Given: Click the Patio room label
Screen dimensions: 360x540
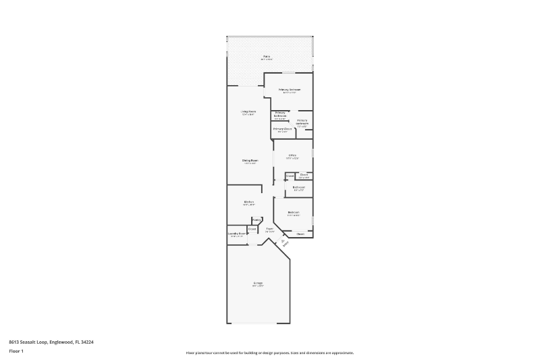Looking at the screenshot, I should click(267, 57).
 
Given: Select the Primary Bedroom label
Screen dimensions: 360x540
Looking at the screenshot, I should click(290, 89).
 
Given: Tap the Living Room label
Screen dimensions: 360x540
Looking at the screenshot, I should click(248, 111).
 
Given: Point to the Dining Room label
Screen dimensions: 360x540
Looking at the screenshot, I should click(250, 160).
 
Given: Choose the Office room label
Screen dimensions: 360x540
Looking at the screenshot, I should click(292, 155).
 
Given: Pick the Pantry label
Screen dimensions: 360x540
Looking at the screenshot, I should click(256, 220).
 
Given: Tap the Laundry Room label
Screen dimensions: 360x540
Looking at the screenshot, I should click(237, 234).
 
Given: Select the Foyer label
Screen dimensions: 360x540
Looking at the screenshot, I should click(269, 229).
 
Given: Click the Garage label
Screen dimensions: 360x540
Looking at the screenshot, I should click(258, 282).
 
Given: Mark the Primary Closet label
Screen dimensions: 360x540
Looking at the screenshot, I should click(282, 128).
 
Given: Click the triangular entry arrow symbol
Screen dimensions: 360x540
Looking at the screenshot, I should click(283, 240).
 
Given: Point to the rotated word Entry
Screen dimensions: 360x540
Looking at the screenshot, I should click(286, 244).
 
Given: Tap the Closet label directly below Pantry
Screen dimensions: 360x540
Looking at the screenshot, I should click(252, 229).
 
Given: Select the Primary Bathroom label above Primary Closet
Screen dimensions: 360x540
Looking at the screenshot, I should click(279, 114).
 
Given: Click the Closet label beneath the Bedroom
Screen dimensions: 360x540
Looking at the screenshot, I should click(300, 234).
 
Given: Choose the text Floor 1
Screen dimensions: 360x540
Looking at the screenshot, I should click(16, 351).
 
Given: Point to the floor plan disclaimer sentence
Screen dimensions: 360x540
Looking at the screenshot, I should click(270, 353).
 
